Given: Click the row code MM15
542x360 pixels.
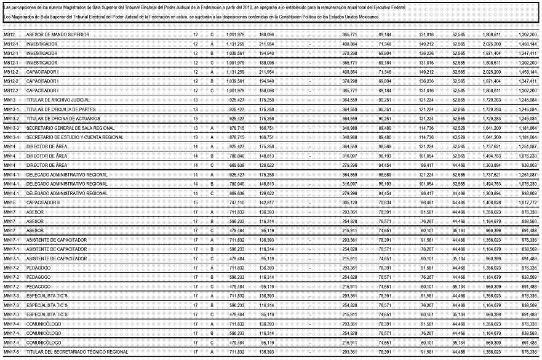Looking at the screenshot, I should [x=9, y=202].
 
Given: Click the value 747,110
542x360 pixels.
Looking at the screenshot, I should [x=236, y=202].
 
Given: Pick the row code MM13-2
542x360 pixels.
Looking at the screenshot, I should [x=12, y=118].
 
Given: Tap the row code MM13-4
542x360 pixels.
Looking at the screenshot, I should [x=12, y=137].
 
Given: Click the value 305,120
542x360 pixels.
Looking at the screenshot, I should [x=349, y=202].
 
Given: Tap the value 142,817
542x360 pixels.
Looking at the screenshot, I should [x=266, y=202].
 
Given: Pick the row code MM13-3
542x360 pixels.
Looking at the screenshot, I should [x=12, y=127].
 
